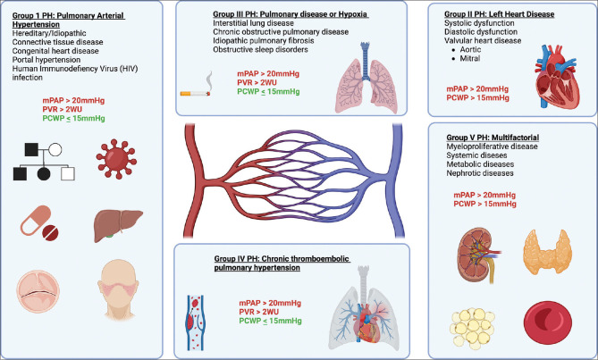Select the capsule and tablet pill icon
click(x=42, y=228)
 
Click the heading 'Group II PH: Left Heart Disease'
click(x=503, y=14)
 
